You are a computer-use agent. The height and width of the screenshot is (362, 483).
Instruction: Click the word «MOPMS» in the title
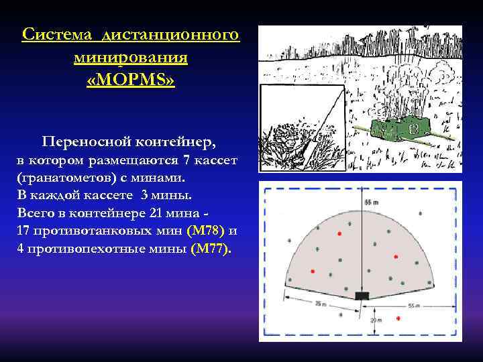pyautogui.click(x=130, y=80)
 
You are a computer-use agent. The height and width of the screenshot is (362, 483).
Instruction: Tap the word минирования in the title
pyautogui.click(x=130, y=57)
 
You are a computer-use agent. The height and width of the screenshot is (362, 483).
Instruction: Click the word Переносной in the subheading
pyautogui.click(x=85, y=142)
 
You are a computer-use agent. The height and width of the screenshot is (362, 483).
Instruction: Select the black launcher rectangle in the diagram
pyautogui.click(x=363, y=295)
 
